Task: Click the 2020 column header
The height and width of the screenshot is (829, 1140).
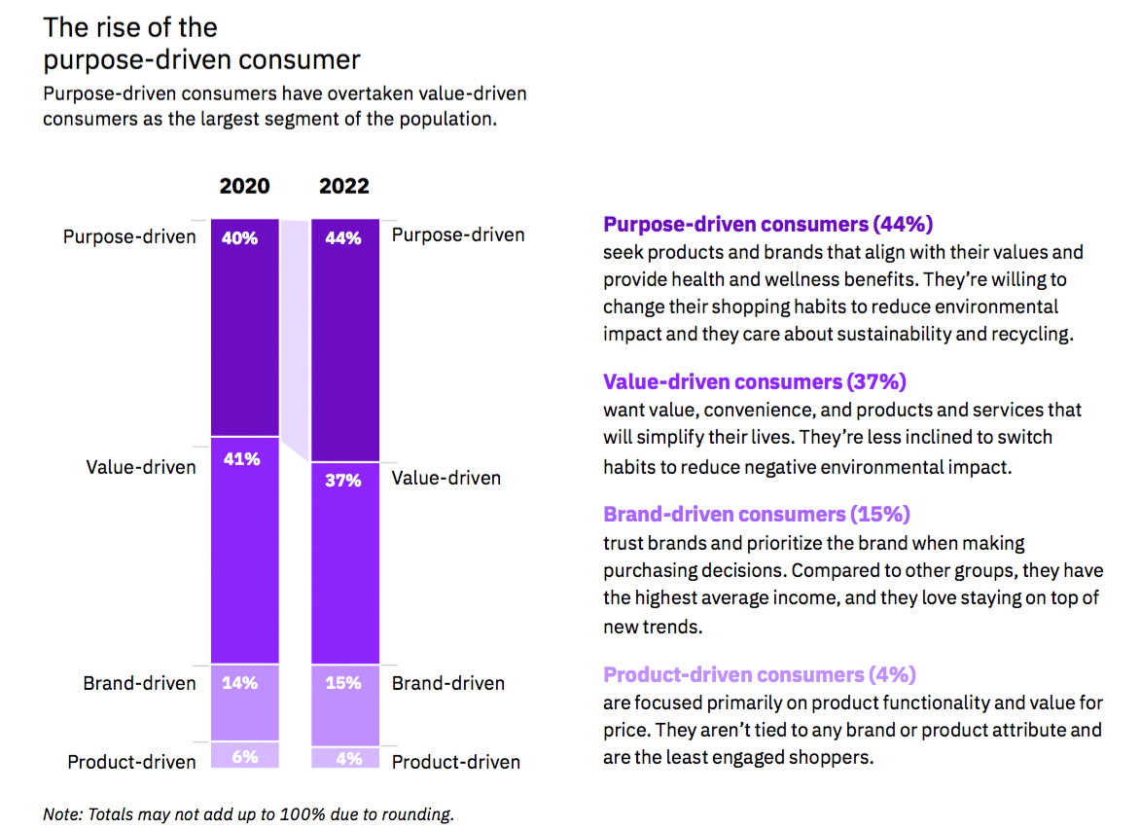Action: [x=244, y=186]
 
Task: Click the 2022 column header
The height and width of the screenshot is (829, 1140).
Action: [x=343, y=186]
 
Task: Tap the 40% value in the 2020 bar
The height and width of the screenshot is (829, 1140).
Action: [x=239, y=238]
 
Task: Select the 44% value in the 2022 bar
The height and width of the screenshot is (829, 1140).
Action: [x=342, y=238]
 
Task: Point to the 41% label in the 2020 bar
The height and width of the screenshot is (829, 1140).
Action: [x=241, y=459]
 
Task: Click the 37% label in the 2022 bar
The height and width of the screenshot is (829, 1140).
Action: [x=342, y=481]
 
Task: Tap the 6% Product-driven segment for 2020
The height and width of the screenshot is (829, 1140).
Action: [x=245, y=755]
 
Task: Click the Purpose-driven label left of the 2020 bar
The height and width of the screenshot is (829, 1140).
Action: [x=129, y=235]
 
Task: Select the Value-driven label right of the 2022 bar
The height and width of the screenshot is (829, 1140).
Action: [x=446, y=478]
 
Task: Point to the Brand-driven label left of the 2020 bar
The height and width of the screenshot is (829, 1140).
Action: [x=139, y=683]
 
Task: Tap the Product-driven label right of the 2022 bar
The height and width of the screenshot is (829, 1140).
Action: [x=456, y=762]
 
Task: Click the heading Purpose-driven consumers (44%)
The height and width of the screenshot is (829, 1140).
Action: [x=767, y=225]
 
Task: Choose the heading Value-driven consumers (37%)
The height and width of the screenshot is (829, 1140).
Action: [x=754, y=381]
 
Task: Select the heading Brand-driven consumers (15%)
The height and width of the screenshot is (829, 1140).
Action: [x=756, y=514]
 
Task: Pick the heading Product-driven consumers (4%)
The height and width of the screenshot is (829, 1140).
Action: [x=759, y=674]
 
